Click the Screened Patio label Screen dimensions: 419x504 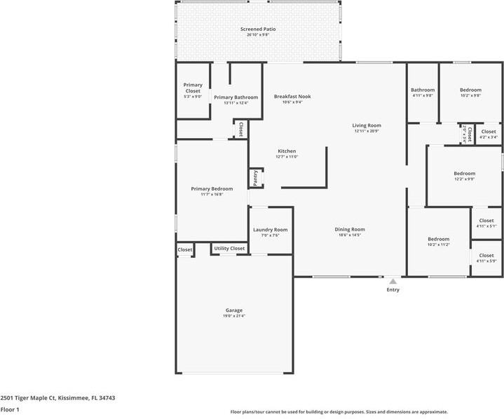pyautogui.click(x=258, y=29)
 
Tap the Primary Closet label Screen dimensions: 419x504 pyautogui.click(x=193, y=88)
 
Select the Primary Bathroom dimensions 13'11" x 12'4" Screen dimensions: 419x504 pyautogui.click(x=236, y=103)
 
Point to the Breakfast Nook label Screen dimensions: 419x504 pyautogui.click(x=292, y=97)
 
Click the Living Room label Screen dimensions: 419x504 pyautogui.click(x=366, y=125)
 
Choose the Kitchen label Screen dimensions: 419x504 pyautogui.click(x=287, y=151)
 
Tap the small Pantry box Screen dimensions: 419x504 pyautogui.click(x=256, y=178)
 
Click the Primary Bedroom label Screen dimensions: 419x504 pyautogui.click(x=212, y=188)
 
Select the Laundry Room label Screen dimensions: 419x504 pyautogui.click(x=270, y=230)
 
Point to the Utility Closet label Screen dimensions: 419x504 pyautogui.click(x=229, y=249)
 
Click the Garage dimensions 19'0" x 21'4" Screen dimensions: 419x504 pyautogui.click(x=233, y=316)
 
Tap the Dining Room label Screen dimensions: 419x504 pyautogui.click(x=349, y=229)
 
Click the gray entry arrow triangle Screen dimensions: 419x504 pyautogui.click(x=393, y=281)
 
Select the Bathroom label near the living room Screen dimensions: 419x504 pyautogui.click(x=423, y=90)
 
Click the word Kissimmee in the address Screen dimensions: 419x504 pyautogui.click(x=74, y=398)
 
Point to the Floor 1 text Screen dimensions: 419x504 pyautogui.click(x=10, y=409)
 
